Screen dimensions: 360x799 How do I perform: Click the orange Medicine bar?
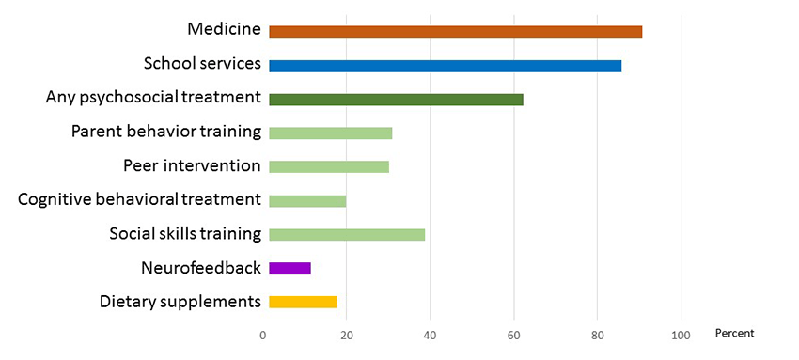tap(455, 32)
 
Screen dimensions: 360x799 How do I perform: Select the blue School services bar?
tap(445, 66)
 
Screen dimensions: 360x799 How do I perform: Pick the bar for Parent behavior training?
tap(330, 133)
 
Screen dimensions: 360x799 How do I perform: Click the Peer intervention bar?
tap(329, 166)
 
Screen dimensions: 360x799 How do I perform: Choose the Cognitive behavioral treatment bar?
tap(307, 200)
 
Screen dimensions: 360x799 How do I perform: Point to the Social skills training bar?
tap(347, 234)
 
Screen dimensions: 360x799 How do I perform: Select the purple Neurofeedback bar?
tap(290, 268)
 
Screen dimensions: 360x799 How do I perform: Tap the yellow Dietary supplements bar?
tap(303, 302)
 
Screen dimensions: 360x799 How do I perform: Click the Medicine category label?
tap(224, 29)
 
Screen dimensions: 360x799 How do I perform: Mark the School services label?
tap(201, 63)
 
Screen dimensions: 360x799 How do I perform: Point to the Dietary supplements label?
tap(180, 301)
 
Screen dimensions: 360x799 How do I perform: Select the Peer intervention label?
tap(192, 165)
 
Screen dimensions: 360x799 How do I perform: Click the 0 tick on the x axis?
tap(263, 336)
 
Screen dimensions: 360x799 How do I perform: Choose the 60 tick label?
tap(514, 336)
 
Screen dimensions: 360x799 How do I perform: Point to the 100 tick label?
tap(681, 336)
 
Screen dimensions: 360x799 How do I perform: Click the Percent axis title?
tap(734, 334)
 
